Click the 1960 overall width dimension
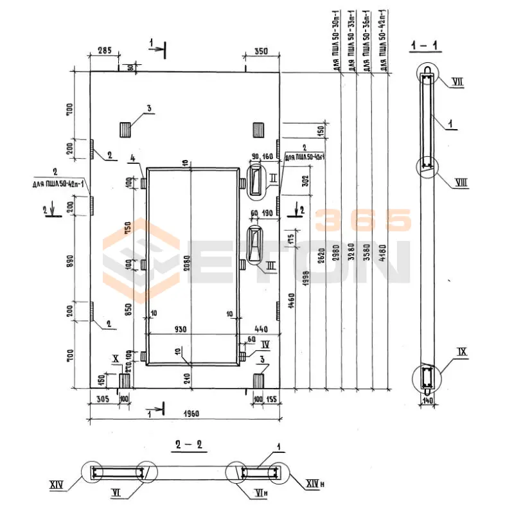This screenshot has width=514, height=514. point(184,412)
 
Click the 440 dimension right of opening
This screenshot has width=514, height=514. point(260,329)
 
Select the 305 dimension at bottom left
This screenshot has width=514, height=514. point(102,399)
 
